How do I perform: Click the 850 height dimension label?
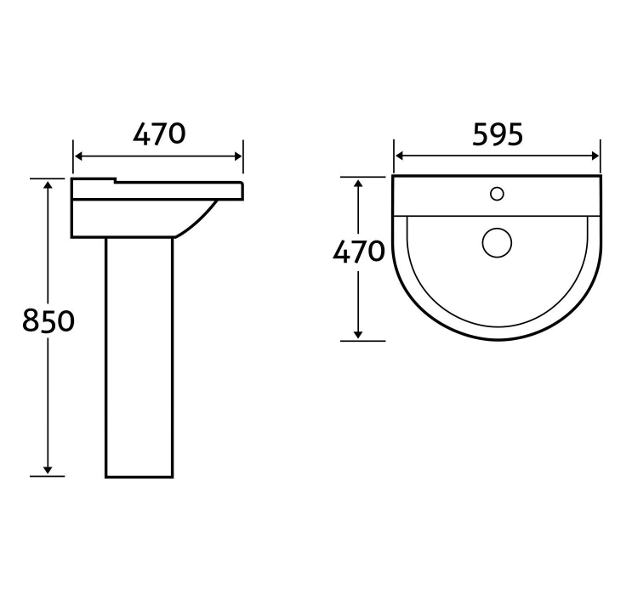[x=48, y=321]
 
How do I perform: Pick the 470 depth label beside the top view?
[x=358, y=252]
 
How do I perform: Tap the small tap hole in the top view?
[x=497, y=193]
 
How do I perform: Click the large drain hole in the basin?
[x=497, y=242]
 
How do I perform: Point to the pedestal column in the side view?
[x=139, y=357]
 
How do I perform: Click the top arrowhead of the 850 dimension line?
[x=48, y=184]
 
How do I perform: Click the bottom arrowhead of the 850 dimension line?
[x=48, y=470]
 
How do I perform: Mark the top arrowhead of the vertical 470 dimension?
[x=358, y=182]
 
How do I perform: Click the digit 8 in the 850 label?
[x=31, y=321]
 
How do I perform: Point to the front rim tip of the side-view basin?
[x=242, y=188]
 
